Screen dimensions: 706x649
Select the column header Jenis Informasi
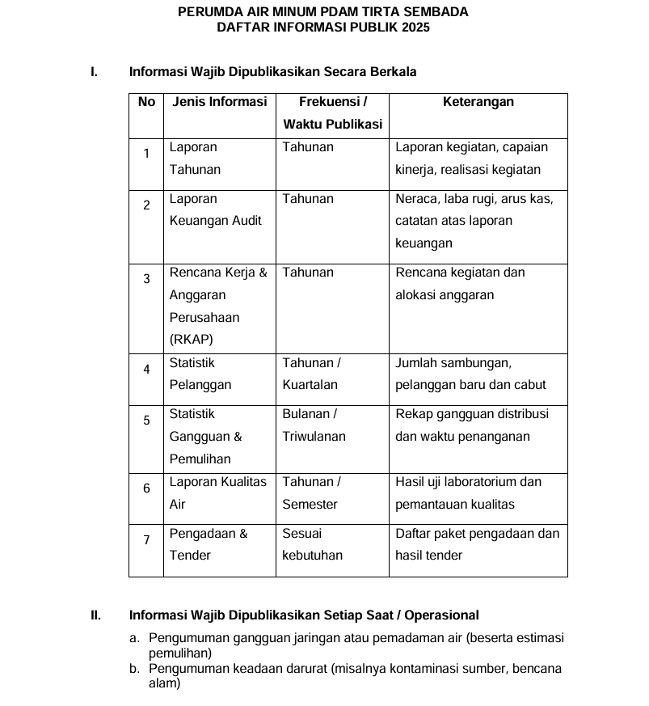tap(219, 102)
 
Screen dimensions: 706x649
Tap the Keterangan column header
tap(478, 102)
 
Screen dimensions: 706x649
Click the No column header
tap(146, 102)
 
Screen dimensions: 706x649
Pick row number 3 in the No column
tap(146, 279)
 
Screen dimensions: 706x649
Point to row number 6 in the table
tap(146, 488)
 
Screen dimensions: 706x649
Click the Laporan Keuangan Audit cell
tap(215, 209)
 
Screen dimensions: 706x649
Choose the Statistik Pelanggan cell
tap(200, 374)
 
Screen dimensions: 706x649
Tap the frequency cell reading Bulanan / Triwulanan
tap(314, 425)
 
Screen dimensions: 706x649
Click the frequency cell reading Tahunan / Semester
tap(311, 493)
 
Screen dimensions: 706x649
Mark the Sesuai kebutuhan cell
tap(312, 544)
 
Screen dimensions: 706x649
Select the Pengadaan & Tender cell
tap(209, 544)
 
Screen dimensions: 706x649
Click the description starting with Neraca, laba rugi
tap(474, 221)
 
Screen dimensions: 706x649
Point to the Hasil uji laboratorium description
tap(468, 493)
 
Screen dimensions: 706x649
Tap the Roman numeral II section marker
tap(95, 615)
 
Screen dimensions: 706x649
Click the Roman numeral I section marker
tap(94, 72)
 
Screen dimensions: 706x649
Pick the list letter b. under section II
tap(134, 669)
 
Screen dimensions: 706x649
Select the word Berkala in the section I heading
tap(394, 72)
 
